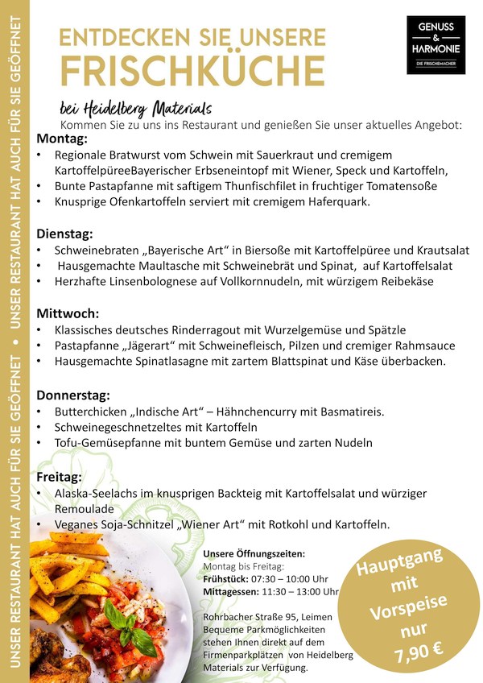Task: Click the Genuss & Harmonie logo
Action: tap(436, 45)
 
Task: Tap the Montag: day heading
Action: tap(62, 139)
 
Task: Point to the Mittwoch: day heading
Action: tap(68, 313)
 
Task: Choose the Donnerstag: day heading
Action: tap(73, 395)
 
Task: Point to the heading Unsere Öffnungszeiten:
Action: tap(254, 554)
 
